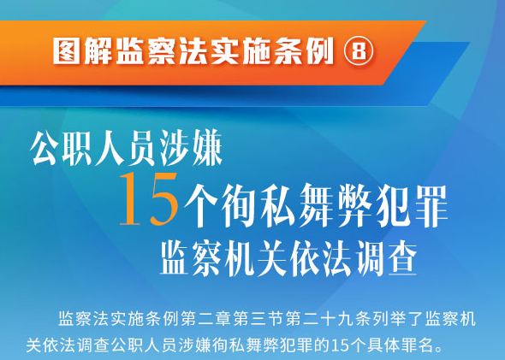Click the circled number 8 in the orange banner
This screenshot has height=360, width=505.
pyautogui.click(x=359, y=50)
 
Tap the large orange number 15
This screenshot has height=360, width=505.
pyautogui.click(x=148, y=199)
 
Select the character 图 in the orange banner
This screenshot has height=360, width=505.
pyautogui.click(x=67, y=50)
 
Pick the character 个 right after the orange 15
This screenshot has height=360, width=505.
pyautogui.click(x=200, y=205)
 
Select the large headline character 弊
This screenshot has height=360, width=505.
pyautogui.click(x=354, y=205)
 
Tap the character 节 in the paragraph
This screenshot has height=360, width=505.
pyautogui.click(x=276, y=319)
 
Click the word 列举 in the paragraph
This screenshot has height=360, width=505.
pyautogui.click(x=389, y=319)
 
